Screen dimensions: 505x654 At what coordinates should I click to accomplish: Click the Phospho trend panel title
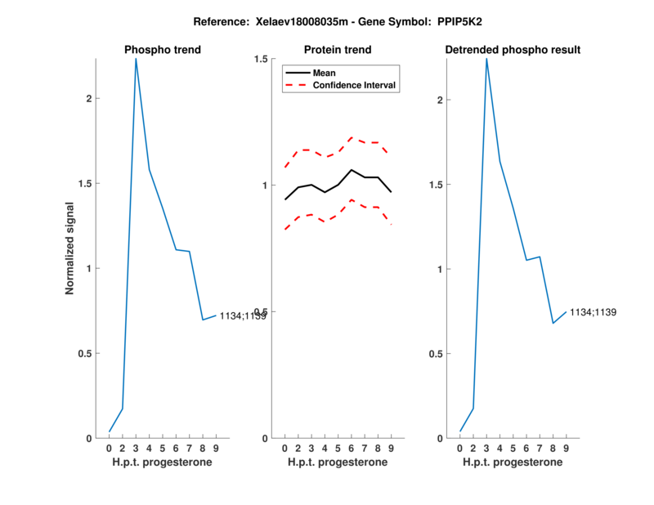pos(163,50)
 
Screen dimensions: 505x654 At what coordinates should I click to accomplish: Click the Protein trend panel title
pos(338,50)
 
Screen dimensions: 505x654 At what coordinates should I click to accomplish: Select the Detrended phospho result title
pos(513,50)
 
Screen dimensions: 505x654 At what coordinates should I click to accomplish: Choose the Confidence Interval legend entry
pos(355,85)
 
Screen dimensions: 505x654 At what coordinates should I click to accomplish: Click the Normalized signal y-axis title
pos(69,248)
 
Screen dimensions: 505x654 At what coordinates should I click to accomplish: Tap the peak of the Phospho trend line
pos(136,59)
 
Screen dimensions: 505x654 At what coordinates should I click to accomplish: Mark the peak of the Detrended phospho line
pos(486,59)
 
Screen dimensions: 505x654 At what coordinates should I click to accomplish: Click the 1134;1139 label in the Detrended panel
pos(593,312)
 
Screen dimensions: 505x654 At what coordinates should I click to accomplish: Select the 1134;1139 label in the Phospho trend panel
pos(243,315)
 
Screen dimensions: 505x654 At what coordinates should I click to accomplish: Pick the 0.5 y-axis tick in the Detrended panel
pos(439,354)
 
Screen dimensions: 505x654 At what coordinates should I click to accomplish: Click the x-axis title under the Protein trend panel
pos(338,463)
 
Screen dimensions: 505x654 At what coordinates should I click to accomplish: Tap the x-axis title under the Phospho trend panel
pos(163,463)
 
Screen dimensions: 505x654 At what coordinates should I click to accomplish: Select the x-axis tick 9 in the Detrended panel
pos(567,449)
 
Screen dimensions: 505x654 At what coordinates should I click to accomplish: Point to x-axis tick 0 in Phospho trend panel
pos(110,449)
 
